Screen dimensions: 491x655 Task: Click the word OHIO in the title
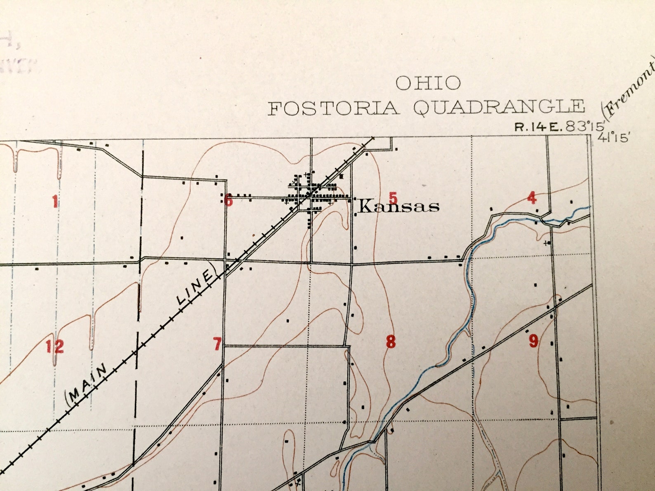pos(428,83)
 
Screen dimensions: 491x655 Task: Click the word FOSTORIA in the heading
pos(334,108)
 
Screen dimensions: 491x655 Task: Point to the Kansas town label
pos(398,206)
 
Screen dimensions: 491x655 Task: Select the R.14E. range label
pos(538,127)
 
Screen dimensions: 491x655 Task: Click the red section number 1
pos(55,202)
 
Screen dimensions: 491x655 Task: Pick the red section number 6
pos(229,202)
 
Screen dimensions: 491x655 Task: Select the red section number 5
pos(393,198)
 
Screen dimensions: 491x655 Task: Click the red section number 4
pos(532,198)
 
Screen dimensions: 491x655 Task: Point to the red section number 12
pos(55,346)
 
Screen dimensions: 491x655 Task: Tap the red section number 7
pos(217,343)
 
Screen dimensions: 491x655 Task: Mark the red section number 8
pos(391,342)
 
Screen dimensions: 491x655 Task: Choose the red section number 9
pos(533,341)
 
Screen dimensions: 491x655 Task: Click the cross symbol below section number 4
pos(547,243)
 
